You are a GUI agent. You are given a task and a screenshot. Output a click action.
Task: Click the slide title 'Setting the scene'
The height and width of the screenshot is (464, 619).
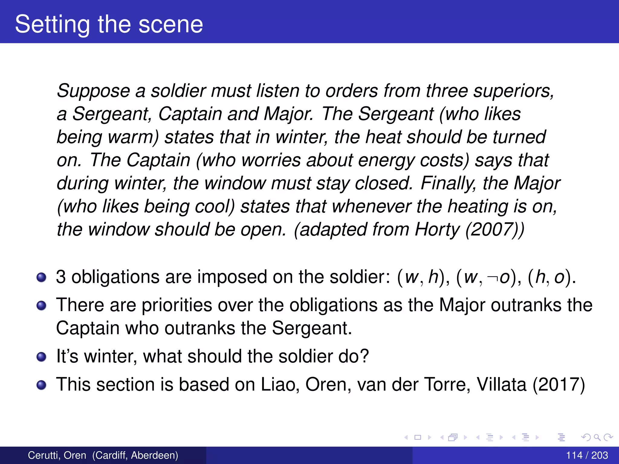(109, 24)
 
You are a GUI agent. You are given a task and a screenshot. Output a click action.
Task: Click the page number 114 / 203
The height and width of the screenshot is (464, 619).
(587, 455)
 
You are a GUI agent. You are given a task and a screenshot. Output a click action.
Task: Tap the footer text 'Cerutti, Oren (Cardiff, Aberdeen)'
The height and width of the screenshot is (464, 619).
(103, 455)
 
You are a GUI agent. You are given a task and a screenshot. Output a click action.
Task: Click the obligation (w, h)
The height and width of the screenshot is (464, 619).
(421, 277)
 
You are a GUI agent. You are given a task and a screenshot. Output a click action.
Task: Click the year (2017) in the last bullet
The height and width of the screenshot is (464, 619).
(559, 384)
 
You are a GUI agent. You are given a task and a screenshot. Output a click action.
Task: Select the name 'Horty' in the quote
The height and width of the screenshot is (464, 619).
(437, 229)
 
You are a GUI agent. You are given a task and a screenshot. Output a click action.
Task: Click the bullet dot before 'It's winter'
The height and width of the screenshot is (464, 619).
(41, 357)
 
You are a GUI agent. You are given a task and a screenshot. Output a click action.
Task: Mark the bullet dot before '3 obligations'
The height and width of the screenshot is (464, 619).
(41, 277)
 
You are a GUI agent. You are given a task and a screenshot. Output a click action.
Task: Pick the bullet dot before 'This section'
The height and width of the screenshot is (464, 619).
(41, 385)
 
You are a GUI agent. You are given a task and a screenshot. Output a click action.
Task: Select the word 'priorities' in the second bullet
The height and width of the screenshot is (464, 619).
(177, 305)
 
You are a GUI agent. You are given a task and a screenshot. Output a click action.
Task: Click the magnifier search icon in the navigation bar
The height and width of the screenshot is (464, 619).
(597, 437)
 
